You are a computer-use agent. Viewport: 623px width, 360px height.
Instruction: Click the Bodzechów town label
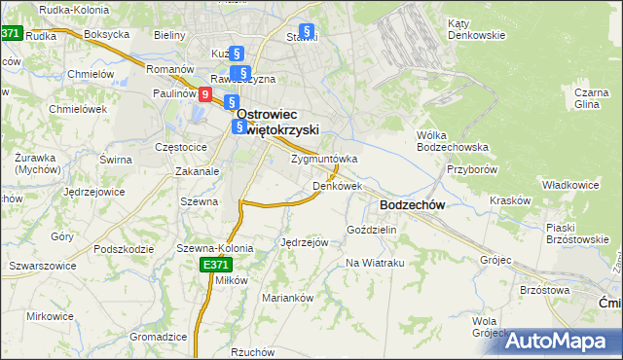pos(412,205)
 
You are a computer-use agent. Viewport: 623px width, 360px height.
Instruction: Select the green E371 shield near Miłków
pos(215,265)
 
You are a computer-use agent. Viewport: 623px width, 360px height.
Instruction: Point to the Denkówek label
pos(338,185)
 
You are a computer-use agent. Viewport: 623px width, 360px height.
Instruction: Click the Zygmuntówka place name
pos(324,159)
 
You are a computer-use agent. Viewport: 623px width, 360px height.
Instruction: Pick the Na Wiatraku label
pos(375,263)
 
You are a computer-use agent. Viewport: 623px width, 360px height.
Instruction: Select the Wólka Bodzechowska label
pos(451,141)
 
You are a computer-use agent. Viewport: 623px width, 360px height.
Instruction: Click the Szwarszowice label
pos(42,265)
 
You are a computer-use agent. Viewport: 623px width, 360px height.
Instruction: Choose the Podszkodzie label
pos(125,248)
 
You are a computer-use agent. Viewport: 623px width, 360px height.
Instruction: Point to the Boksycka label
pos(107,34)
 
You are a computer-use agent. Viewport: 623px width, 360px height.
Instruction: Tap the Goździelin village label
pos(372,230)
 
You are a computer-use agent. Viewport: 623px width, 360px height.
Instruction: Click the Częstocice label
pos(181,146)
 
